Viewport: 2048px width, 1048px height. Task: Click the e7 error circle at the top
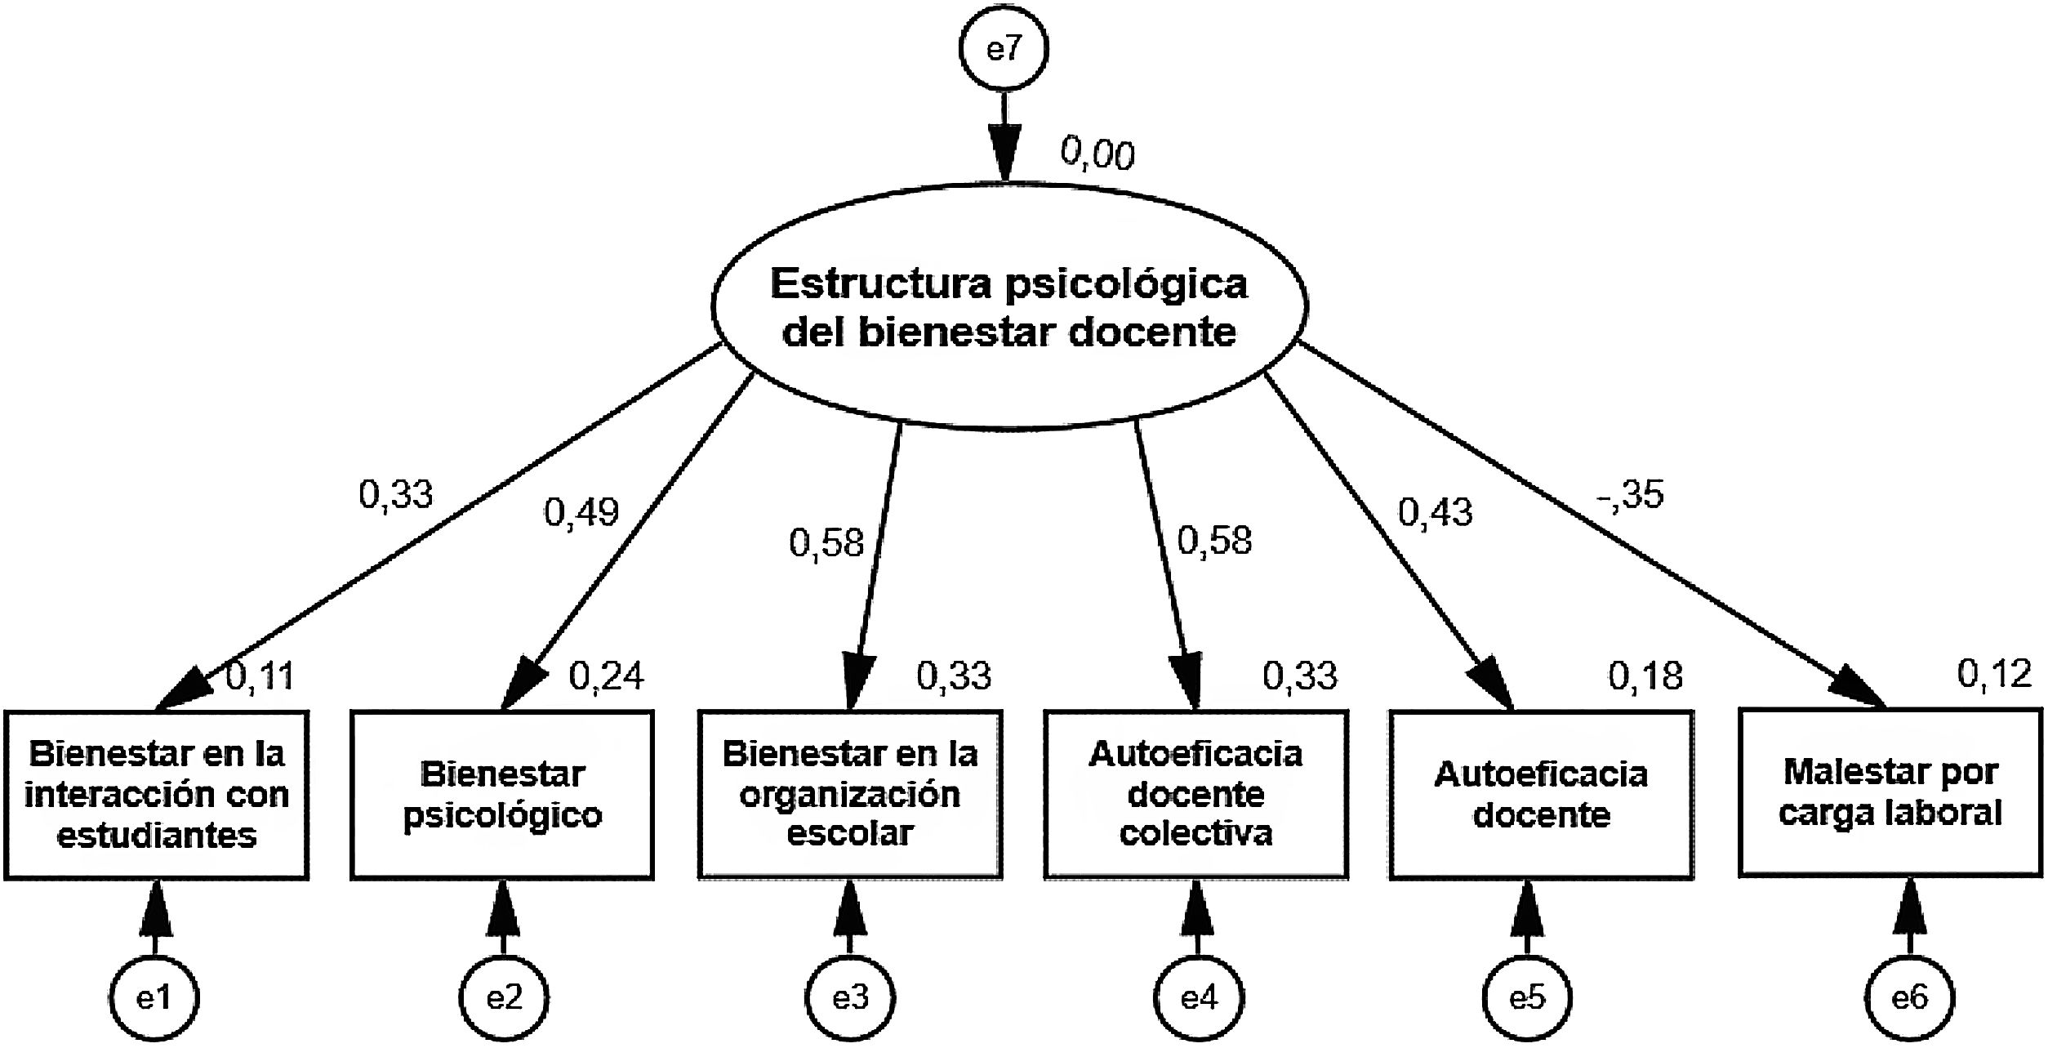(1004, 49)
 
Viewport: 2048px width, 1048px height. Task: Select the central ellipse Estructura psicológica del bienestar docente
(1009, 307)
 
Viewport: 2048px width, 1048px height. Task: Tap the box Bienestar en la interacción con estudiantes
(157, 794)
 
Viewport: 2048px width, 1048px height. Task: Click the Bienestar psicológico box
(502, 794)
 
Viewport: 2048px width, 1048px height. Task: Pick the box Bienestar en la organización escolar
(849, 794)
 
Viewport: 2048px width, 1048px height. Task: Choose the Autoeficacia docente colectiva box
(1196, 794)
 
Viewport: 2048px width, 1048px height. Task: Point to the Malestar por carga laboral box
(1890, 792)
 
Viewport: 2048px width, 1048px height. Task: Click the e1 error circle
(154, 997)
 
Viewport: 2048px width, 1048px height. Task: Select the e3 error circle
(850, 997)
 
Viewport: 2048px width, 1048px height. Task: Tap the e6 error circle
(1909, 997)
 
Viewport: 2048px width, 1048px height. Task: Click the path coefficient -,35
(1629, 494)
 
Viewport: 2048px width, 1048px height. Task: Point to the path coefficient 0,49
(581, 512)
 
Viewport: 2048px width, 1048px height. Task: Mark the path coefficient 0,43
(1435, 512)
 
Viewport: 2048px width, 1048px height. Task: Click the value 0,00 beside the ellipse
(1097, 154)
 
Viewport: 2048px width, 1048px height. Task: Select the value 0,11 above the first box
(260, 676)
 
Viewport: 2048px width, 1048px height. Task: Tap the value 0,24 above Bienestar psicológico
(606, 676)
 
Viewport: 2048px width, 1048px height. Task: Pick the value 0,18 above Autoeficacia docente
(1645, 676)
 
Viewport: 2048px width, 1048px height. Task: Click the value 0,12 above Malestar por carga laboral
(1993, 674)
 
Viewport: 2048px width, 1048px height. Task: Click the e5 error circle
(1527, 997)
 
